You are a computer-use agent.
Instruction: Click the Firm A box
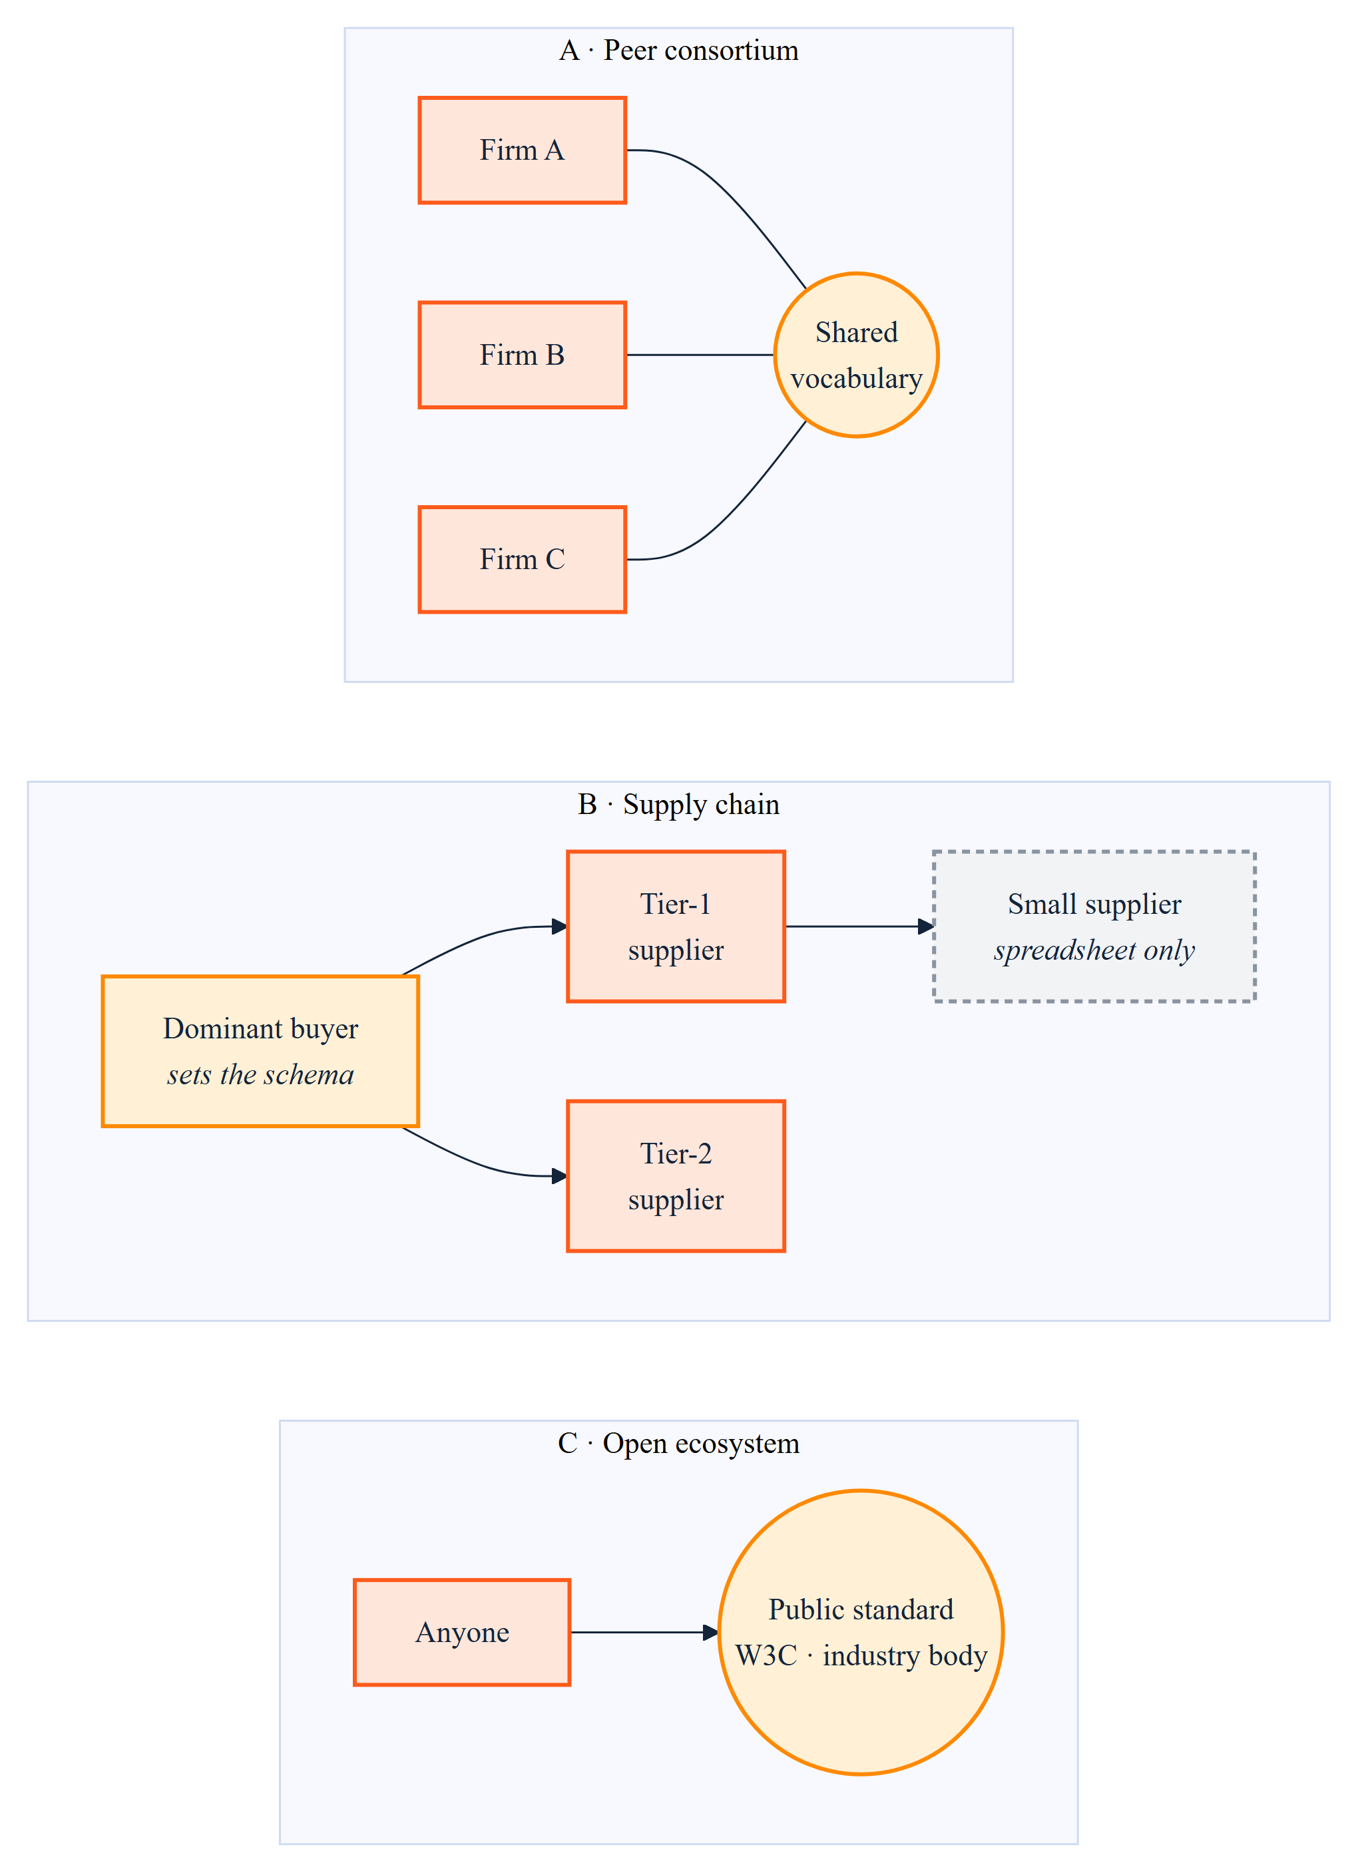pos(522,150)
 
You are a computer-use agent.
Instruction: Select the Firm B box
pos(522,355)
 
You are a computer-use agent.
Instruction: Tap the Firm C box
pos(522,560)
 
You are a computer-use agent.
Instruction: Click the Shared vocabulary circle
pos(857,355)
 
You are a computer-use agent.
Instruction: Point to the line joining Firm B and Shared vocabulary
pos(700,355)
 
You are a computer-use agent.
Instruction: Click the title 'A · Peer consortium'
pos(679,51)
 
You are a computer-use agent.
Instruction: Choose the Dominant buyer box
pos(260,1051)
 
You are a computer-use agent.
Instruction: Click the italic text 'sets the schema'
pos(260,1074)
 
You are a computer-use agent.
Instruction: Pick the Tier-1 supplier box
pos(676,927)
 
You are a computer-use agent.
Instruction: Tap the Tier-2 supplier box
pos(676,1176)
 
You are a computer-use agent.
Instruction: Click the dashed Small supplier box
pos(1094,927)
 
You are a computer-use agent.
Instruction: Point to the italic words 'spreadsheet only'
pos(1094,950)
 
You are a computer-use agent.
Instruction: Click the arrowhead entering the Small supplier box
pos(926,927)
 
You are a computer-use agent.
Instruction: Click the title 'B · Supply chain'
pos(679,804)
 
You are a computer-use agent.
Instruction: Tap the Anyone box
pos(463,1633)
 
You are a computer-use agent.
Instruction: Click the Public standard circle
pos(861,1633)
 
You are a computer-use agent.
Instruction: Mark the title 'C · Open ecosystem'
pos(679,1443)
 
